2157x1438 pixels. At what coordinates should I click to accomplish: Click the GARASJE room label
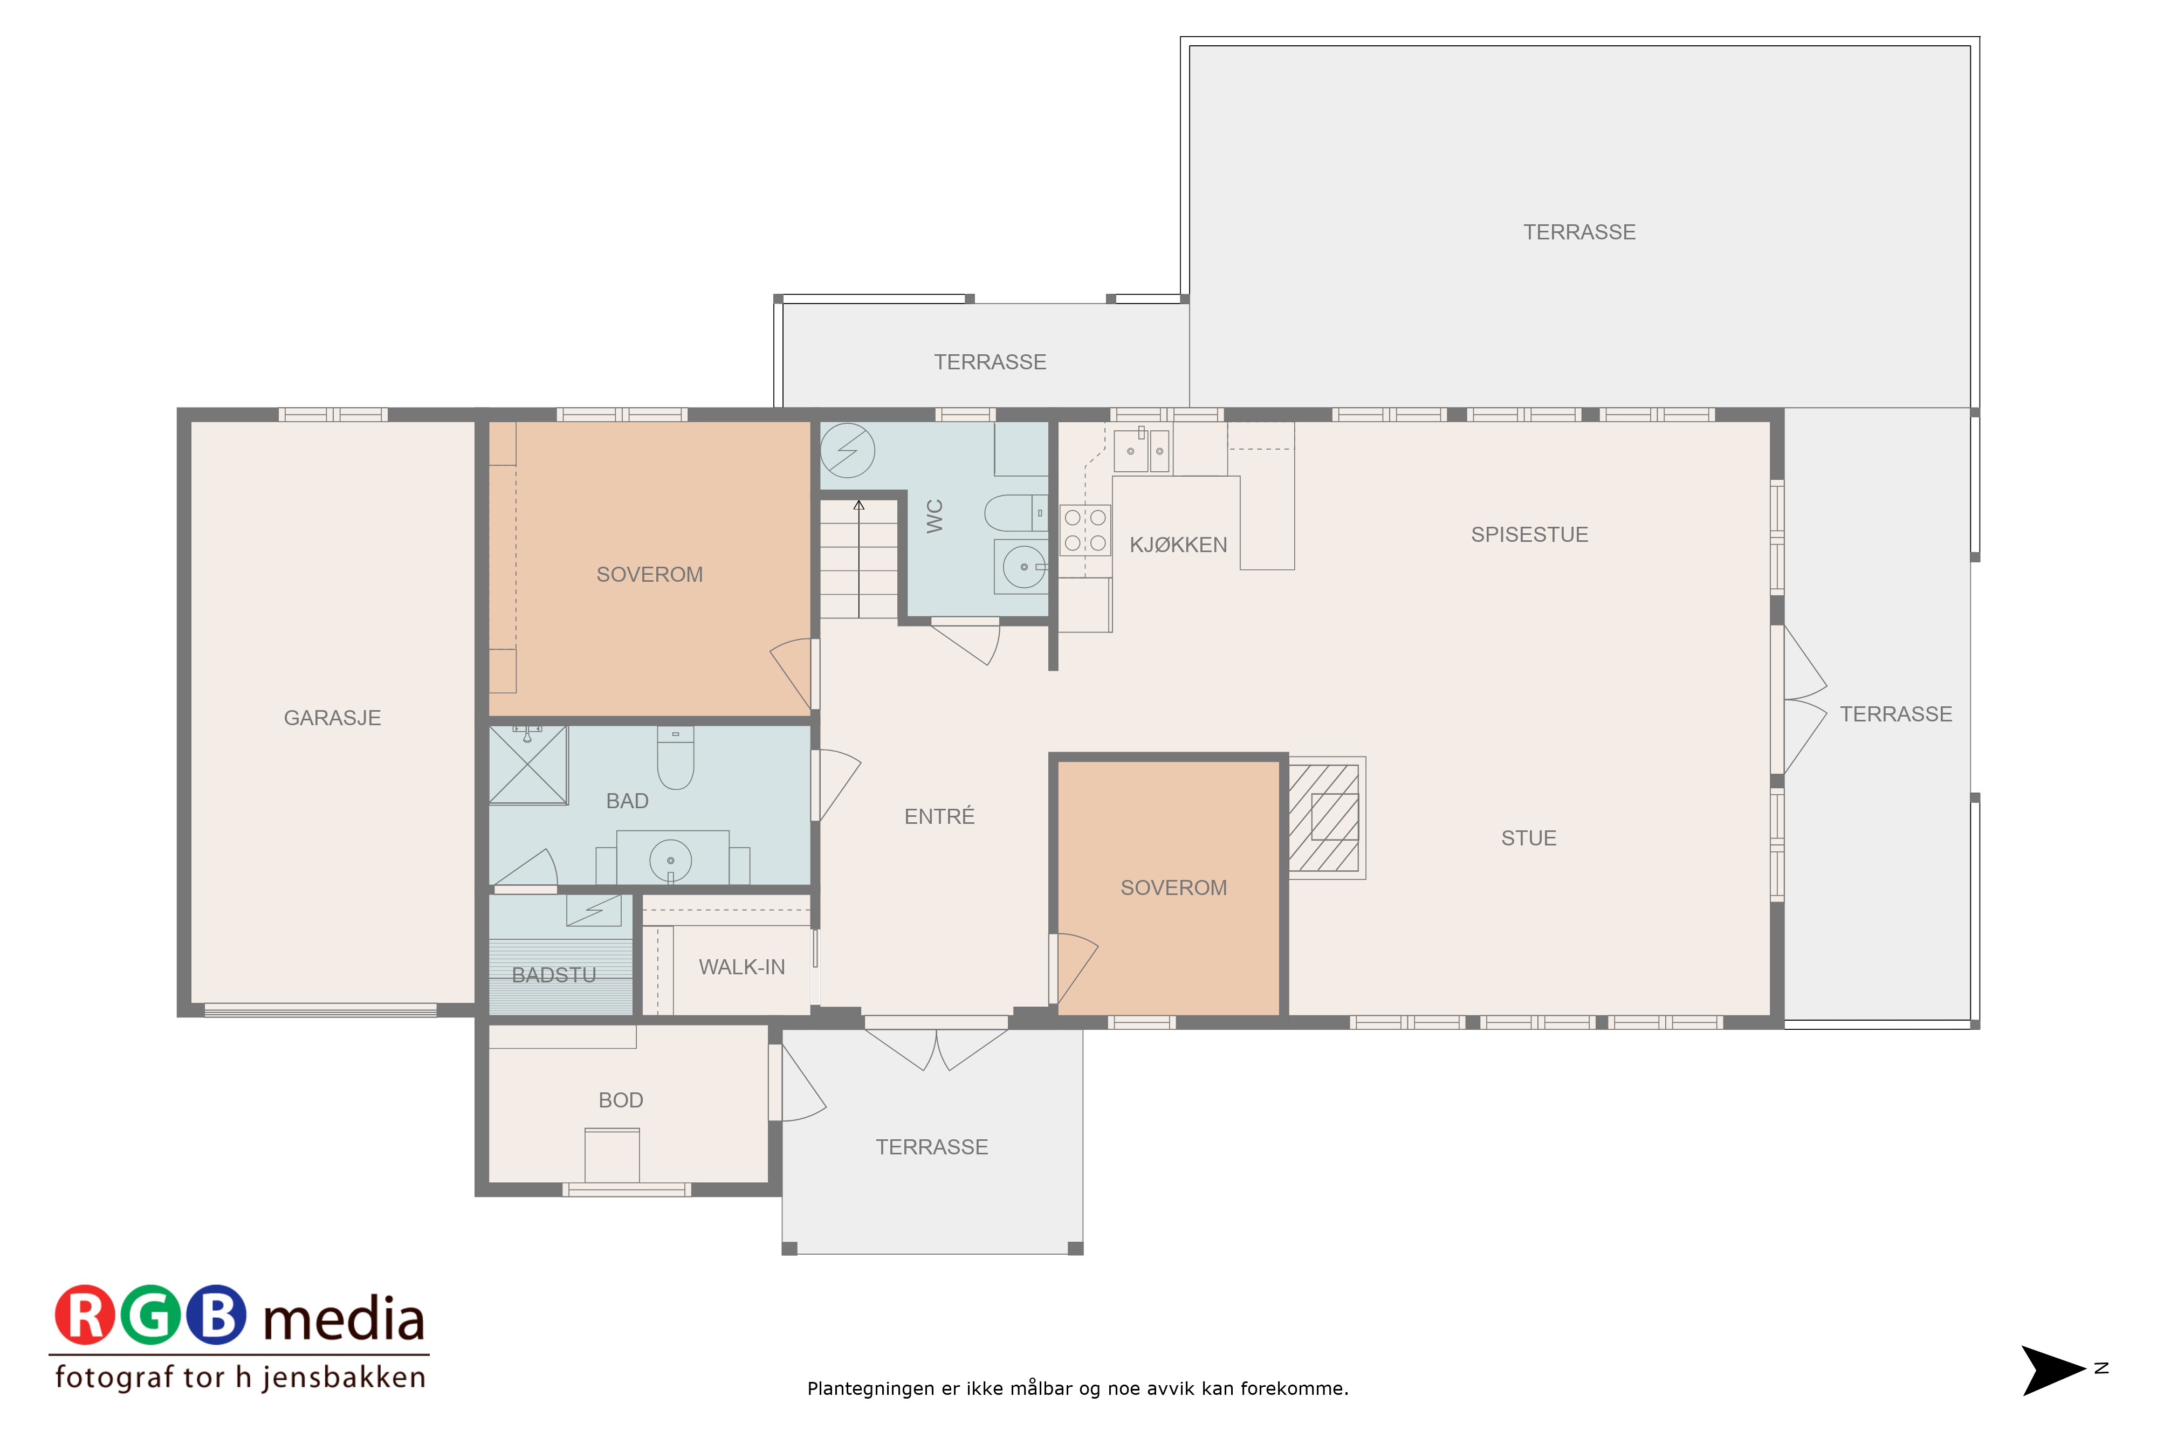pos(332,718)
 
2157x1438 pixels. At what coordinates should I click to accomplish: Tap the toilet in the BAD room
pos(676,758)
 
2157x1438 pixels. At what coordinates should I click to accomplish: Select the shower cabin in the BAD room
pos(528,765)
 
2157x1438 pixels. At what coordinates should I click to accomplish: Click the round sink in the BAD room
pos(670,860)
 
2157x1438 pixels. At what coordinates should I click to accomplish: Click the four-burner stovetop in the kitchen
pos(1085,530)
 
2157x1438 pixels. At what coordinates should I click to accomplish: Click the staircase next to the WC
pos(858,560)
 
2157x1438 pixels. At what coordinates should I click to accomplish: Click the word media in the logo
pos(344,1320)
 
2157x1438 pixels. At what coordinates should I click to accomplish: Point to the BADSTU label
pos(554,975)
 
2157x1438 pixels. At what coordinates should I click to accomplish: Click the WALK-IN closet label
pos(742,967)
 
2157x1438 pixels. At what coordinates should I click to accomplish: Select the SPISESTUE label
pos(1530,535)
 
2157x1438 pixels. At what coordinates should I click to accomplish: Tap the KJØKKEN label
pos(1178,545)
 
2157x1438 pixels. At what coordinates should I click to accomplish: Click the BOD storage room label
pos(621,1100)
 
